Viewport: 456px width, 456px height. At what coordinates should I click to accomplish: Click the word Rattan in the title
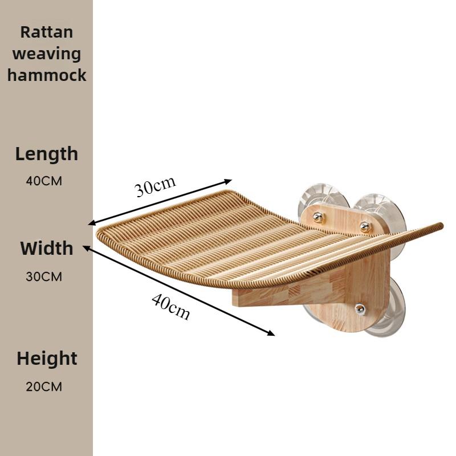(47, 32)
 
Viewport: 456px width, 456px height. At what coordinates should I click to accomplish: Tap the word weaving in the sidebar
(47, 54)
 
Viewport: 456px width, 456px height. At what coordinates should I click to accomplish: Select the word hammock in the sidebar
(47, 75)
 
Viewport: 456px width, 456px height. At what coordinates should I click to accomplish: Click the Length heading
(47, 154)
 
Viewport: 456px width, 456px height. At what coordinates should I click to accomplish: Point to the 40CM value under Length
(44, 181)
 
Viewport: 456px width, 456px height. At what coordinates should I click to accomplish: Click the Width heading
(47, 249)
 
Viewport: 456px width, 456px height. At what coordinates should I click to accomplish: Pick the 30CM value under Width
(44, 276)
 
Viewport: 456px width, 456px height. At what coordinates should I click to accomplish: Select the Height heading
(47, 359)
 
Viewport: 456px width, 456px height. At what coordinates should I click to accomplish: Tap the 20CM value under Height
(44, 387)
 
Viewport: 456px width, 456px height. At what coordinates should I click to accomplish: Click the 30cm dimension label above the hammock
(155, 186)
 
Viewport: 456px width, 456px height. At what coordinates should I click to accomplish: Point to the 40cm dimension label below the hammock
(170, 307)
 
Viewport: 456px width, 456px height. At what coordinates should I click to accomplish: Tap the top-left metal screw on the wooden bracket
(318, 217)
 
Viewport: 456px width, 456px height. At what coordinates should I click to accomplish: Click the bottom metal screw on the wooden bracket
(360, 309)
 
